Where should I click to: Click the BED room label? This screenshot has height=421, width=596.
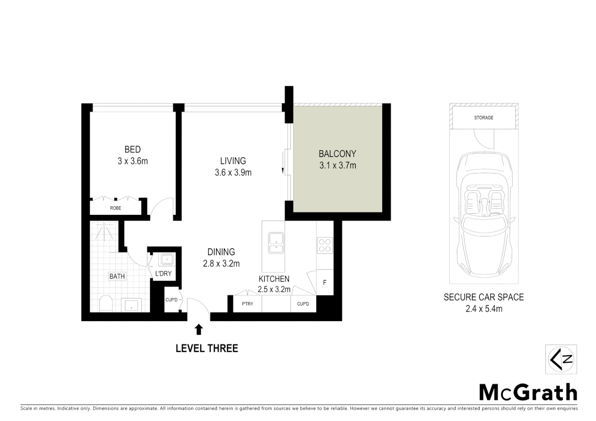[133, 149]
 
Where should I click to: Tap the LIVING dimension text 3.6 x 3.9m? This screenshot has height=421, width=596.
[233, 172]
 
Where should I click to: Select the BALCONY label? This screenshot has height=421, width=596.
[337, 154]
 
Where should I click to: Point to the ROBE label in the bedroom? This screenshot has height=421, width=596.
[115, 208]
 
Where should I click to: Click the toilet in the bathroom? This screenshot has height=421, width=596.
[106, 304]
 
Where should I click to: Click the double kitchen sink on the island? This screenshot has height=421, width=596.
[276, 242]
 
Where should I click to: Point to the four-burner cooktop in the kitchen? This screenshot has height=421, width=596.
[325, 245]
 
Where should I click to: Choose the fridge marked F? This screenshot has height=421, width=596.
[325, 282]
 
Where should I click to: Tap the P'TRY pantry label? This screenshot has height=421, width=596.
[247, 304]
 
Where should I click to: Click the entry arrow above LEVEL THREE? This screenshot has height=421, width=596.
[199, 330]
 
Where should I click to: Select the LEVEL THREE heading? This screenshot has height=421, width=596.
[207, 348]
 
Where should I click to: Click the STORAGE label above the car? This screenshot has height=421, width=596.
[484, 118]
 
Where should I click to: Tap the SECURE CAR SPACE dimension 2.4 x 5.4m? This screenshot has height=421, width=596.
[484, 309]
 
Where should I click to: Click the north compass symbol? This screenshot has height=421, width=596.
[561, 359]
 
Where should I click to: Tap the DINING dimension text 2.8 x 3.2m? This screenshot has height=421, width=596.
[221, 264]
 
